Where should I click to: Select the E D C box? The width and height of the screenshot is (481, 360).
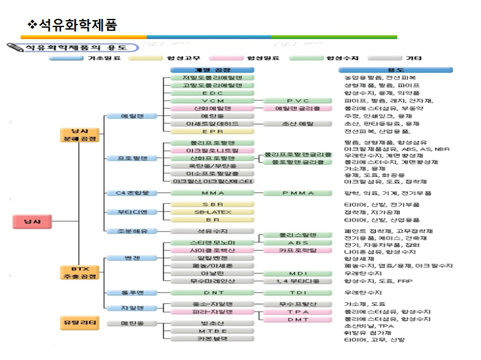pos(213,93)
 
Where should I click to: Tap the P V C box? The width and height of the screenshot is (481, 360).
pos(297,101)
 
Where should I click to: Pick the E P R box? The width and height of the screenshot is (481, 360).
pos(213,132)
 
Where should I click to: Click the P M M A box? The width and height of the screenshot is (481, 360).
pos(297,193)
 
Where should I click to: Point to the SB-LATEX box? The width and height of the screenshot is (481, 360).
pos(213,212)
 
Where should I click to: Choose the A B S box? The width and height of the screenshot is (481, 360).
pos(297,242)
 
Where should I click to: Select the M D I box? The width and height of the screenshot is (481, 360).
pos(297,274)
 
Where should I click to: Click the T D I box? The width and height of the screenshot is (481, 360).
pos(297,293)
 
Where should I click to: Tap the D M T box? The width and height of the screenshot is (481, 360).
pos(297,319)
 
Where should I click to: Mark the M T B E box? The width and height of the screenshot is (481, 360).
pos(213,331)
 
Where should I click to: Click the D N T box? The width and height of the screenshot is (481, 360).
pos(213,293)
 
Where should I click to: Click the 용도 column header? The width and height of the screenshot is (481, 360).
pos(395,69)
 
